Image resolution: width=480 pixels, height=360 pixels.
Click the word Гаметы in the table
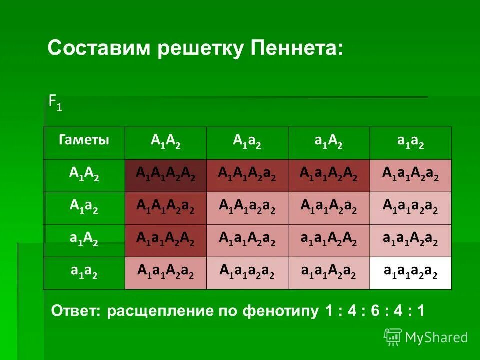pyautogui.click(x=84, y=140)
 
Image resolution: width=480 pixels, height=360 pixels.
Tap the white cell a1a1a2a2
pyautogui.click(x=410, y=273)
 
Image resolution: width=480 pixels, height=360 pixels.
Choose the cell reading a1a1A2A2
pyautogui.click(x=328, y=240)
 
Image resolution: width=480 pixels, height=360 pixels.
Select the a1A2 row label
pyautogui.click(x=84, y=240)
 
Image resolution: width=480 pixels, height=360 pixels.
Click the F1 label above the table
pyautogui.click(x=55, y=103)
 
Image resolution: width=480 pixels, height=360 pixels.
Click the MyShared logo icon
pyautogui.click(x=393, y=337)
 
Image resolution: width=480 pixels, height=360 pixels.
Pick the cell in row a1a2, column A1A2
pyautogui.click(x=166, y=273)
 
